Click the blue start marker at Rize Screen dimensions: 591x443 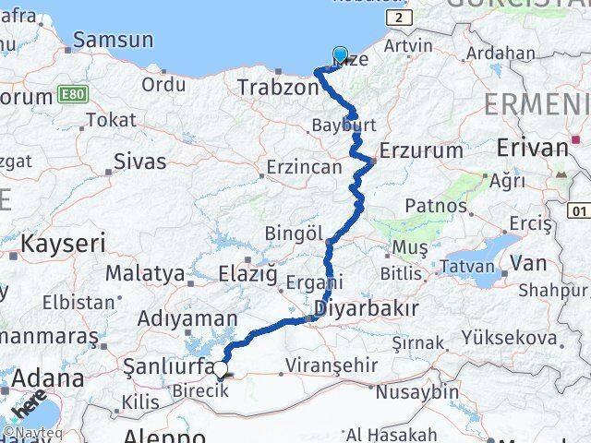point(340,54)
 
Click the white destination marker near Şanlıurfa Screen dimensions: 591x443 point(221,370)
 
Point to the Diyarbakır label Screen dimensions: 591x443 point(367,307)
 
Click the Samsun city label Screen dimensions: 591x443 point(113,40)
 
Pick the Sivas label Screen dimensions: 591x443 point(139,162)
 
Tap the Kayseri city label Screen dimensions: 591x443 point(64,244)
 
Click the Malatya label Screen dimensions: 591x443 point(144,273)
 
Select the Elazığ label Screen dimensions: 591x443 point(247,274)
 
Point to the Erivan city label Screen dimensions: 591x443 point(534,147)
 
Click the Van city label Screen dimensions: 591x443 point(528,263)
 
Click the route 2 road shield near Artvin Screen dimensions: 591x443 point(397,18)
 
